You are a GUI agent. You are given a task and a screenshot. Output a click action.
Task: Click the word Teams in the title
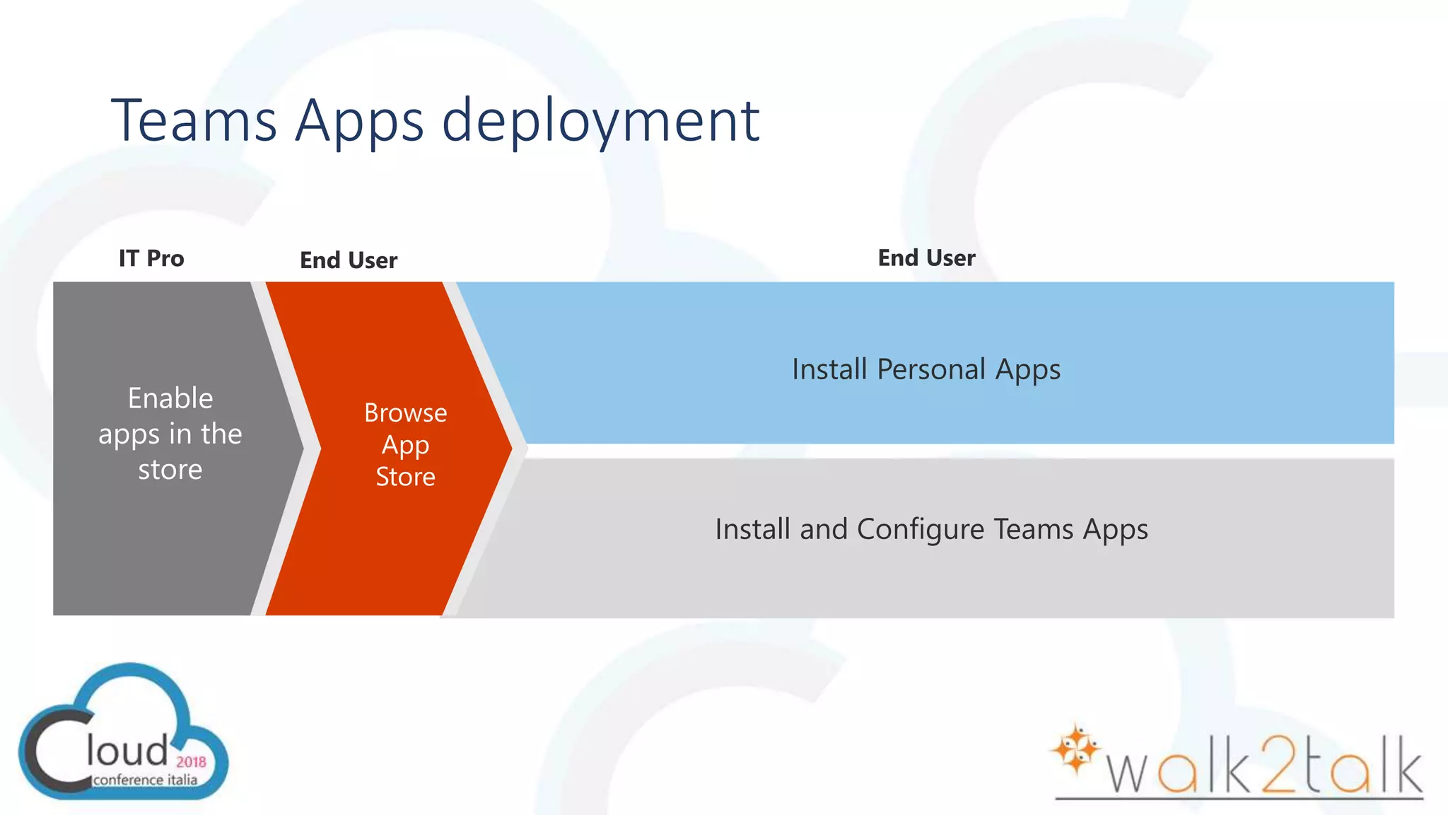[194, 120]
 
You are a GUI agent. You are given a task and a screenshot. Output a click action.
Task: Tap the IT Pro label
[151, 258]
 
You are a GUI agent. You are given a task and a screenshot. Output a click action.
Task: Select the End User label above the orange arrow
[349, 260]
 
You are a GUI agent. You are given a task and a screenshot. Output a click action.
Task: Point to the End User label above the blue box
[926, 258]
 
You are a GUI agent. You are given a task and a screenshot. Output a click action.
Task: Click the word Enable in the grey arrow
[170, 398]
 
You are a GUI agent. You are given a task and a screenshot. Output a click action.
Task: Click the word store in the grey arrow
[170, 470]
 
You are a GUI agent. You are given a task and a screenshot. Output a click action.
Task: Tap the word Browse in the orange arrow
[405, 412]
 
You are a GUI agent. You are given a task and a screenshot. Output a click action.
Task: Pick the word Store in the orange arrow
[405, 477]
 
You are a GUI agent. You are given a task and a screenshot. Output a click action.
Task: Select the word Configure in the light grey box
[920, 529]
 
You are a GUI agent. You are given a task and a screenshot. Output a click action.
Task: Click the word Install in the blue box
[829, 369]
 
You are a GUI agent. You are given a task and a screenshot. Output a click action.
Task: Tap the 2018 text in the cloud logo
[191, 762]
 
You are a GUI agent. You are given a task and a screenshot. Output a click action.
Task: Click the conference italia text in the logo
[145, 780]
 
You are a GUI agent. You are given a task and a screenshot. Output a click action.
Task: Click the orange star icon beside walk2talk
[1075, 749]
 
